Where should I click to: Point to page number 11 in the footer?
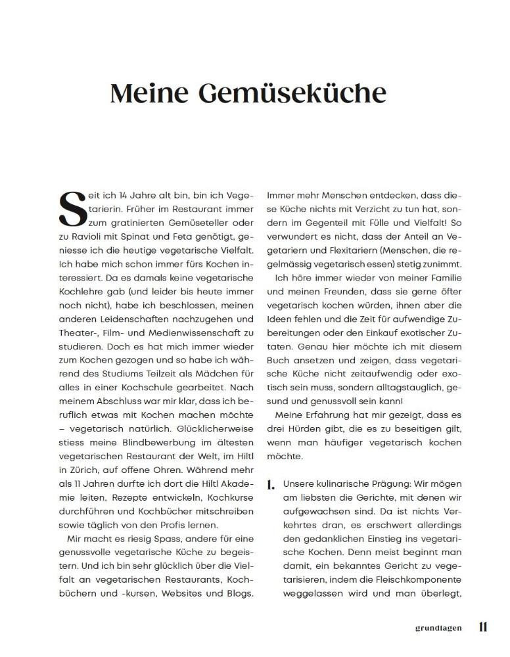point(483,627)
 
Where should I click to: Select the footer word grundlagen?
point(438,628)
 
